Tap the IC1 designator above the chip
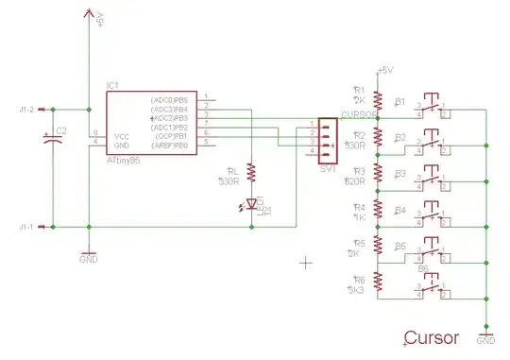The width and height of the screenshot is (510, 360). click(x=112, y=86)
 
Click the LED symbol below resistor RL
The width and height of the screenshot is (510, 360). click(x=252, y=204)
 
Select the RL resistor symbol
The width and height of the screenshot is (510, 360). click(x=252, y=172)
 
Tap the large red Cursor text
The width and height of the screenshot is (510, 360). click(x=431, y=337)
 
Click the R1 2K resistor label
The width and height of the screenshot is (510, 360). click(x=358, y=94)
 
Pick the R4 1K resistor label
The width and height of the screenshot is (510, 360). click(x=358, y=212)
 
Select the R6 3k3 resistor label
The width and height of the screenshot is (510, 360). click(x=359, y=286)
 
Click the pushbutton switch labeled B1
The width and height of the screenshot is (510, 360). click(x=432, y=107)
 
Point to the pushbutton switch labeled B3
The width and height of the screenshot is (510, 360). click(x=432, y=180)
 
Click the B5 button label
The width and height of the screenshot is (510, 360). click(x=400, y=246)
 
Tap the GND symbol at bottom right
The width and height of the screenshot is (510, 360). click(x=485, y=334)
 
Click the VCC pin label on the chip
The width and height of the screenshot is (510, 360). click(x=110, y=135)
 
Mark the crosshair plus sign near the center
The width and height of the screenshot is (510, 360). click(x=305, y=262)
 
